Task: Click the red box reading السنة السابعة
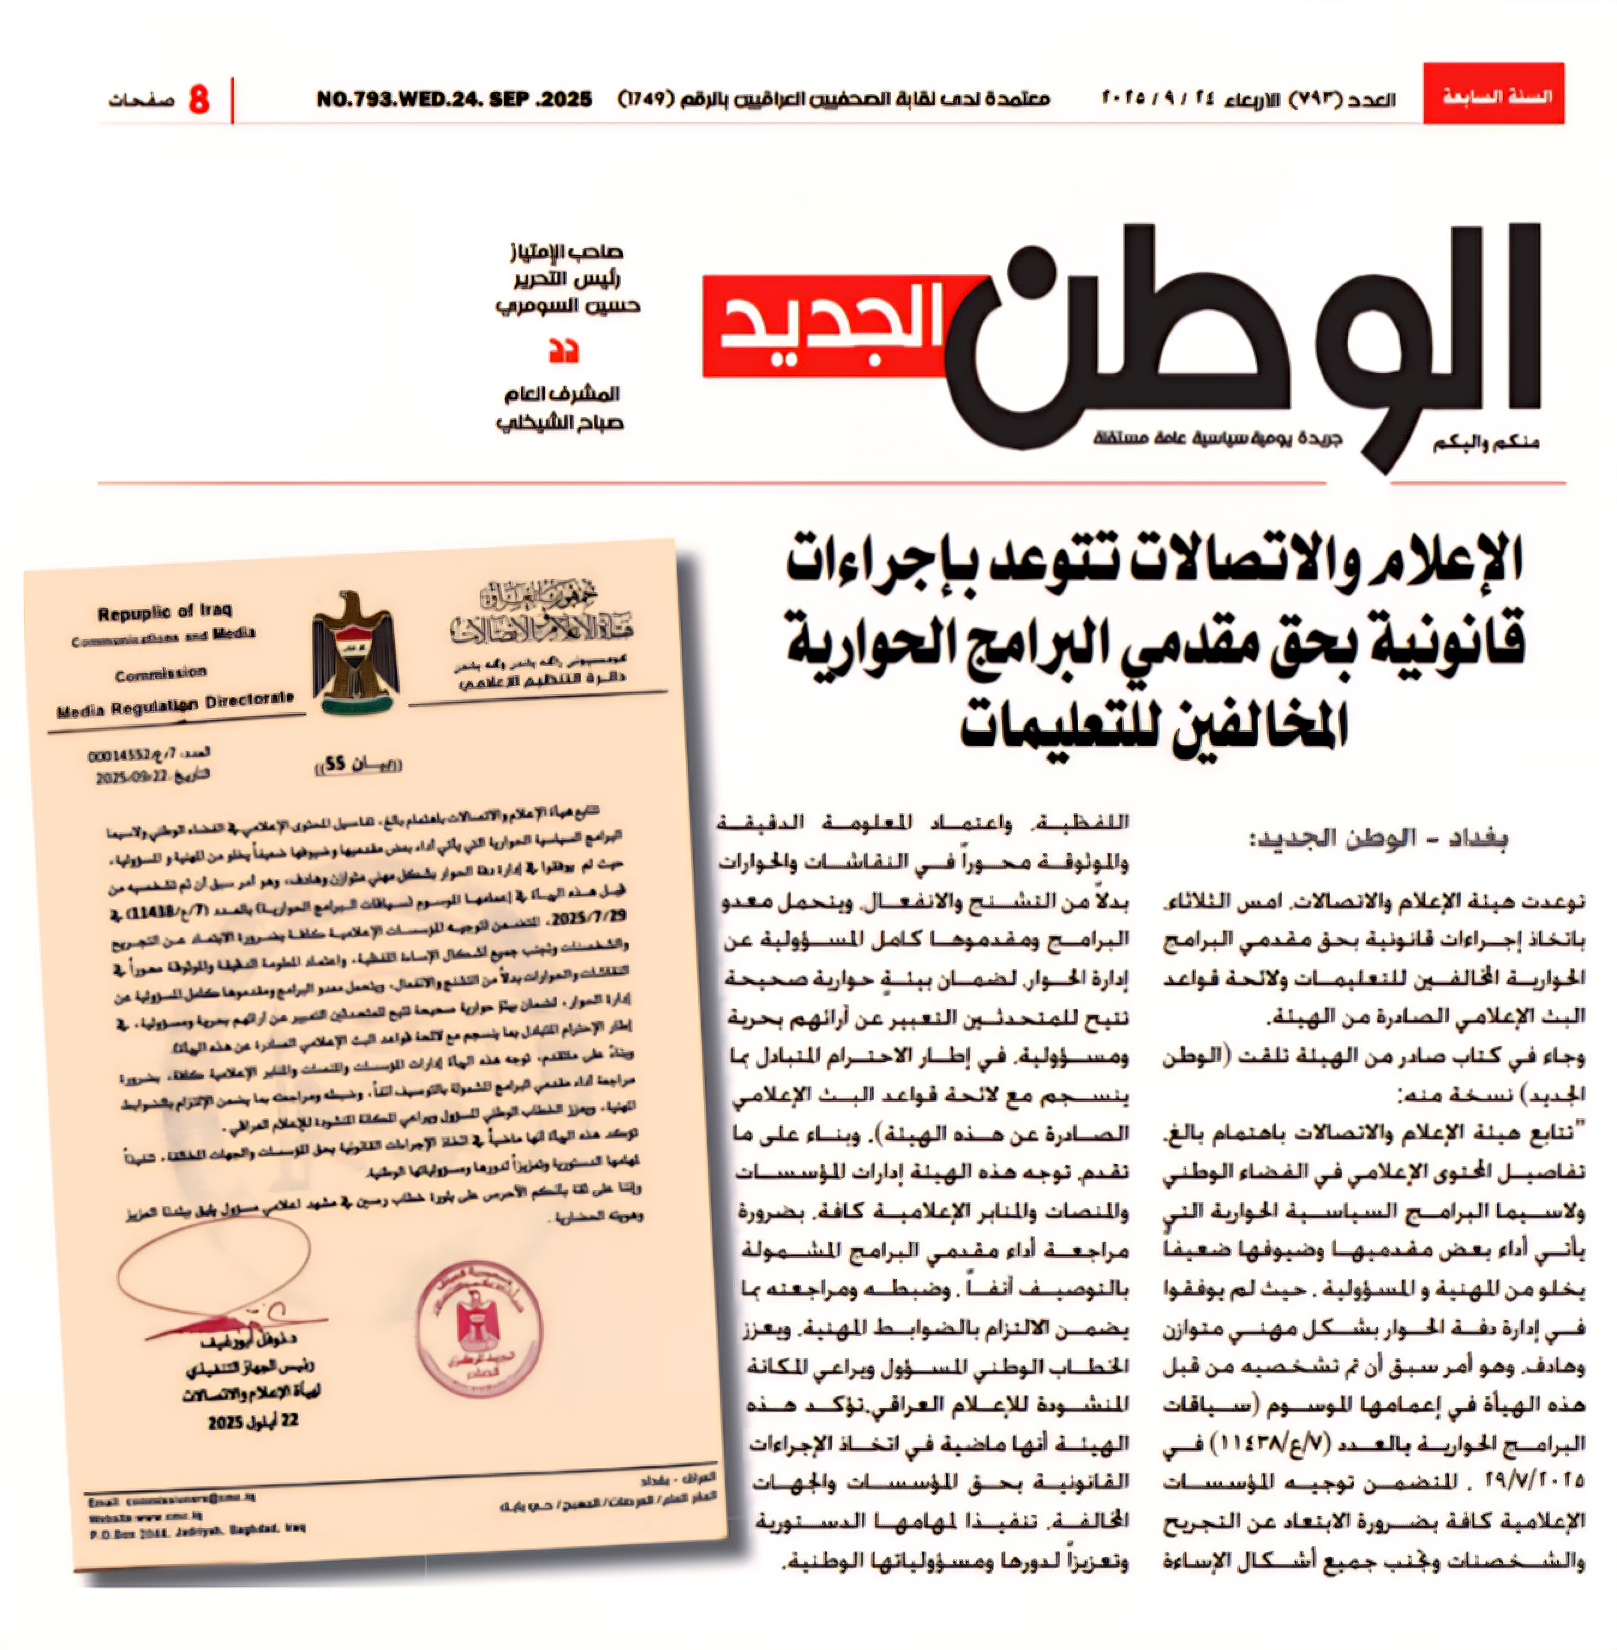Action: [1493, 94]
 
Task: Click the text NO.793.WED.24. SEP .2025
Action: [454, 99]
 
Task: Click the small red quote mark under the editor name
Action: [563, 351]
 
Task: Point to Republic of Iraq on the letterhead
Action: [164, 611]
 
